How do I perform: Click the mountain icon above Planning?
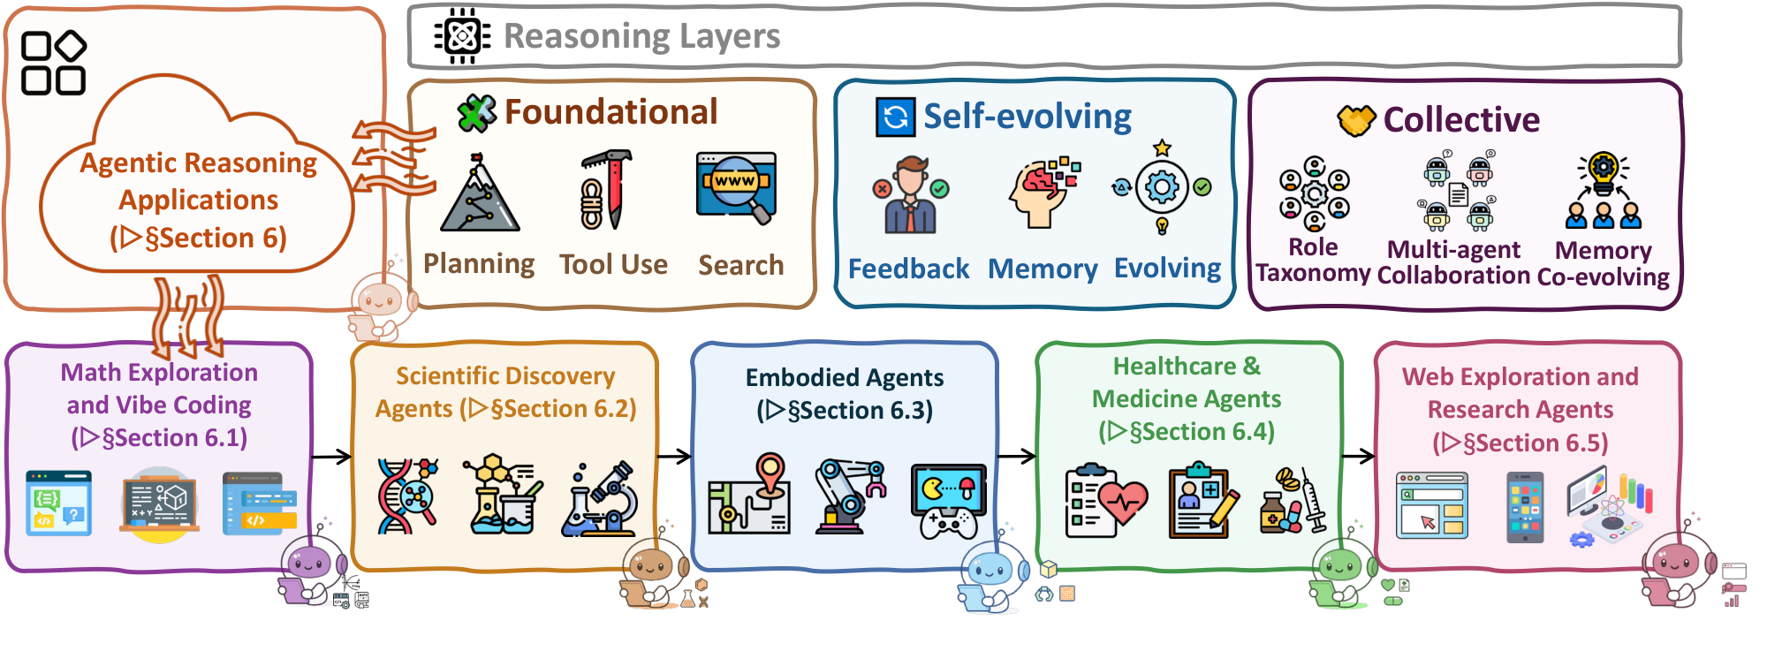(x=479, y=194)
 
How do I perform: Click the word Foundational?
(x=610, y=112)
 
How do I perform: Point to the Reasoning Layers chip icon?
(x=461, y=36)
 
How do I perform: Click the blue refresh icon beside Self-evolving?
(x=895, y=117)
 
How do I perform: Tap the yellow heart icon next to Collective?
(x=1355, y=119)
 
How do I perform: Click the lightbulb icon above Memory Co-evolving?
(x=1603, y=170)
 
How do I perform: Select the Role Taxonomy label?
(x=1313, y=261)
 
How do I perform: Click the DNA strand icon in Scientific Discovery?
(x=406, y=496)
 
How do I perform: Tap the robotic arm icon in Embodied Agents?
(x=848, y=496)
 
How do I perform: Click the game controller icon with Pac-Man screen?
(x=948, y=500)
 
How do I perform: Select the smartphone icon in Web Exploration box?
(x=1525, y=507)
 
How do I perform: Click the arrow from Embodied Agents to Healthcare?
(x=1016, y=456)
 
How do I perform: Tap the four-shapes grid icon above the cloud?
(x=53, y=63)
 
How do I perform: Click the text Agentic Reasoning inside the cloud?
(x=199, y=163)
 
